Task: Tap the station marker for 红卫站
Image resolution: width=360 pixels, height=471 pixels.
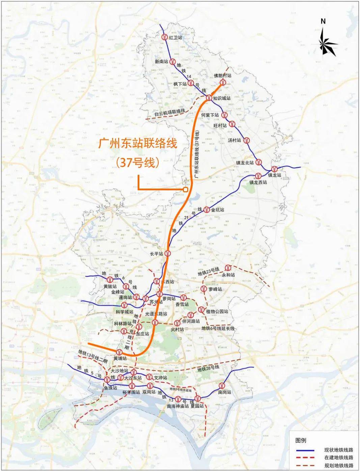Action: tap(164, 37)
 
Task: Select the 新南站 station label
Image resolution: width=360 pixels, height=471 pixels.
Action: tap(161, 62)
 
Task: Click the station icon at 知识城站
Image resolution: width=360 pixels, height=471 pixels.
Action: tap(209, 98)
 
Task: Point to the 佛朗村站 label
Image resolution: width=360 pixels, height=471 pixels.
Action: tap(223, 76)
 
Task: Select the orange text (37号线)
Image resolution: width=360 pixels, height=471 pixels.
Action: tap(138, 163)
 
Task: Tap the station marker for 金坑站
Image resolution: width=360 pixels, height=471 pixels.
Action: tap(206, 210)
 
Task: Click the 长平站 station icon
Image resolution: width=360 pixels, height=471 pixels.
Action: tap(168, 253)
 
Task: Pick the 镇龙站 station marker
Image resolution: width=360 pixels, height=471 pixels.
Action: tap(274, 169)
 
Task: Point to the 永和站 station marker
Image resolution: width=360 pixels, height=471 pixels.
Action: tap(227, 268)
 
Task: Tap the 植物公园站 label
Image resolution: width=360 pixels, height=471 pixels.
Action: tap(217, 311)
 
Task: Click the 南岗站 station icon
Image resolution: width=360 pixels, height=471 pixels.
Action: tap(222, 386)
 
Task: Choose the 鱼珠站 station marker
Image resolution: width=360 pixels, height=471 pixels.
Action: tap(107, 380)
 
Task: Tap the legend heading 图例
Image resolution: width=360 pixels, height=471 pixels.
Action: tap(301, 440)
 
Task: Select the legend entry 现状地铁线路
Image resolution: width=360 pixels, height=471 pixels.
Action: tap(338, 450)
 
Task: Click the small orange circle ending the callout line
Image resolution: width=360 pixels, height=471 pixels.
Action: tap(185, 190)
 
